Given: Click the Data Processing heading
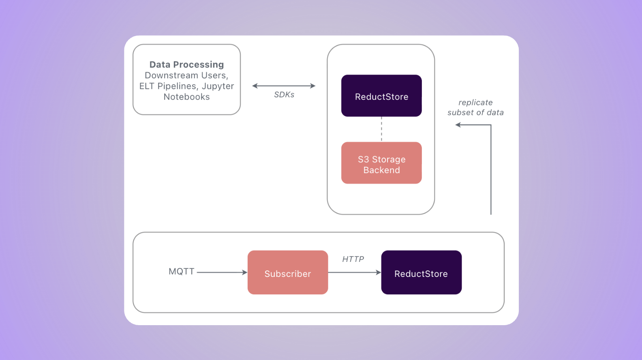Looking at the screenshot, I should coord(186,64).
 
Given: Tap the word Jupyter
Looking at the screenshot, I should coord(218,86).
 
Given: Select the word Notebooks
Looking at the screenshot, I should coord(186,97).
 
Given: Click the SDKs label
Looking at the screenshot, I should coord(284,94).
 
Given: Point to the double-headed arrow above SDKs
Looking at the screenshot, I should coord(284,86).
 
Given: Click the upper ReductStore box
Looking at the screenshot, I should coord(381,96).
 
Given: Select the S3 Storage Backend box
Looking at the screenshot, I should coord(381,163).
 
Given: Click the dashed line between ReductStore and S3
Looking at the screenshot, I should coord(381,129).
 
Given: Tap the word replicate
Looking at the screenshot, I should coord(475,103).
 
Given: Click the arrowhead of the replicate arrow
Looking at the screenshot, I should coord(458,125).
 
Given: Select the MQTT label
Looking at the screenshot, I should coord(181,271).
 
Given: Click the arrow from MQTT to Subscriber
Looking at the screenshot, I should coord(222,272).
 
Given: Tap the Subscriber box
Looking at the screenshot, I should coord(288,273).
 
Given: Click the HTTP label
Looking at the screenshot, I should coord(353,259).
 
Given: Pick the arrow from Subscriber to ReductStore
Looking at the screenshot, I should coord(354,272).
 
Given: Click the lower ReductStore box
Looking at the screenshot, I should coord(421,273).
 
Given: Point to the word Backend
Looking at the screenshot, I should coord(381,170).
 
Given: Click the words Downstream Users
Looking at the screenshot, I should coord(186,75).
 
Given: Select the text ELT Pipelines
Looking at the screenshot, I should coord(167,86).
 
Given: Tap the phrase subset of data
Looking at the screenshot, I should coord(475,113).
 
